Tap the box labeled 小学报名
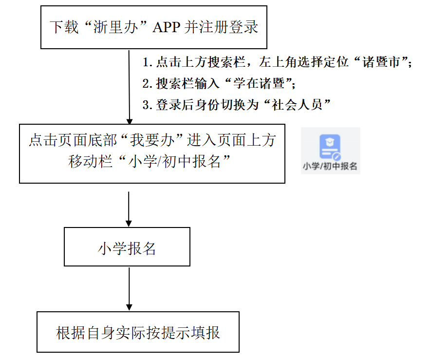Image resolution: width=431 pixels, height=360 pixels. pyautogui.click(x=127, y=246)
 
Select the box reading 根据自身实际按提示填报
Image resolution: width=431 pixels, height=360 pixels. pyautogui.click(x=138, y=332)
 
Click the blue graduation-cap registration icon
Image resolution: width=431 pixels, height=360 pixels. pyautogui.click(x=330, y=147)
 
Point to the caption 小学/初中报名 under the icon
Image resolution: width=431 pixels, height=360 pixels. pyautogui.click(x=330, y=166)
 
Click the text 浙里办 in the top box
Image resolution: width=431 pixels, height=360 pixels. pyautogui.click(x=116, y=27)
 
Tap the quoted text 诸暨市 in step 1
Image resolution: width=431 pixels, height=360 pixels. pyautogui.click(x=381, y=62)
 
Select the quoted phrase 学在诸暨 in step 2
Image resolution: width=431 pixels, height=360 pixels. pyautogui.click(x=259, y=83)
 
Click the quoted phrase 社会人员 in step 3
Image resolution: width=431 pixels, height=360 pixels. pyautogui.click(x=298, y=105)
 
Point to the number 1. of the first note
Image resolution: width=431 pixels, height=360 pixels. pyautogui.click(x=148, y=62)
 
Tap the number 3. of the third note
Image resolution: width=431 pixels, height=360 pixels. pyautogui.click(x=148, y=105)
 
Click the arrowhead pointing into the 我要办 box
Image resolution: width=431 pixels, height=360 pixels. pyautogui.click(x=130, y=122)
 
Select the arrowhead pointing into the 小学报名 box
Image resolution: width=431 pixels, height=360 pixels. pyautogui.click(x=129, y=224)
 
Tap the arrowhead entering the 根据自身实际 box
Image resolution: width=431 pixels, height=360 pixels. pyautogui.click(x=129, y=308)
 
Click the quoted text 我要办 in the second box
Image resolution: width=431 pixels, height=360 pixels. pyautogui.click(x=152, y=140)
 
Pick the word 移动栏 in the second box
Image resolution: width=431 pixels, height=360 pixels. pyautogui.click(x=91, y=161)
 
